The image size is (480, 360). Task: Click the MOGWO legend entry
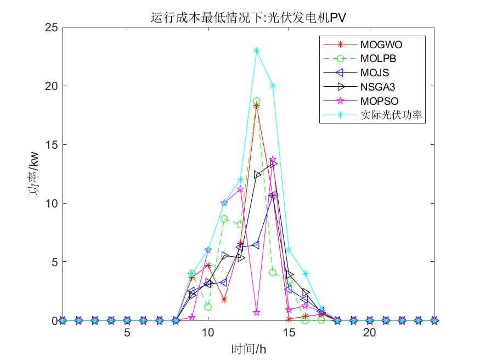click(384, 44)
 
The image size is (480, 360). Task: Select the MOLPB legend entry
click(379, 58)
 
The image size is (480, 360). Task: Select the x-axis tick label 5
click(127, 333)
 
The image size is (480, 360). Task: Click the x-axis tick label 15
click(289, 333)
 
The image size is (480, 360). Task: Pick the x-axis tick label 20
click(370, 333)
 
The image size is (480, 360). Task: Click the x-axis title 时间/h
click(249, 348)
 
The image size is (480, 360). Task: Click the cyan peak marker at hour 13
click(257, 50)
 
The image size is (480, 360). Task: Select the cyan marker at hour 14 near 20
click(273, 86)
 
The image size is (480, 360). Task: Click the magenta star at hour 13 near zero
click(257, 312)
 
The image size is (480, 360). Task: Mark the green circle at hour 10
click(208, 307)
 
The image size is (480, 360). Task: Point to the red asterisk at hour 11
click(224, 300)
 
